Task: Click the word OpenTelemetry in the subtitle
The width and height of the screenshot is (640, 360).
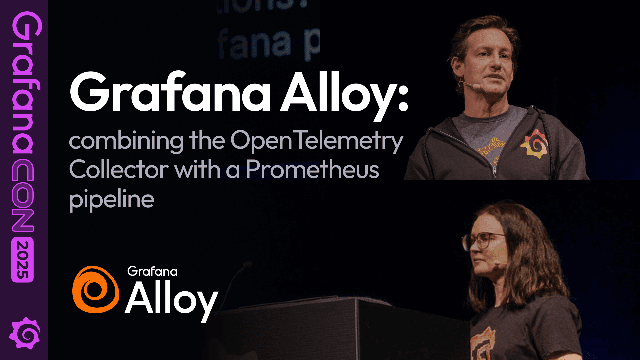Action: pos(317,141)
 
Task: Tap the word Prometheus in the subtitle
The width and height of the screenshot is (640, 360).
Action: pos(312,169)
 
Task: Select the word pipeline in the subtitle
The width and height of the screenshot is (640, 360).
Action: pos(111,199)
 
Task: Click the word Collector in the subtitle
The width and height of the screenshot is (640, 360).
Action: pos(119,169)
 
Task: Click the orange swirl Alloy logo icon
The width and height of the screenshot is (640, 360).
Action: pos(96,289)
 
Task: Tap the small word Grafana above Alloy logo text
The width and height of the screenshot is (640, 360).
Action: pos(152,271)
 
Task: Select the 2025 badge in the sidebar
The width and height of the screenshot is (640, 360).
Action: pos(23,260)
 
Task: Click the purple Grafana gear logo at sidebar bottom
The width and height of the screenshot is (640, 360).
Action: pos(24,333)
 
